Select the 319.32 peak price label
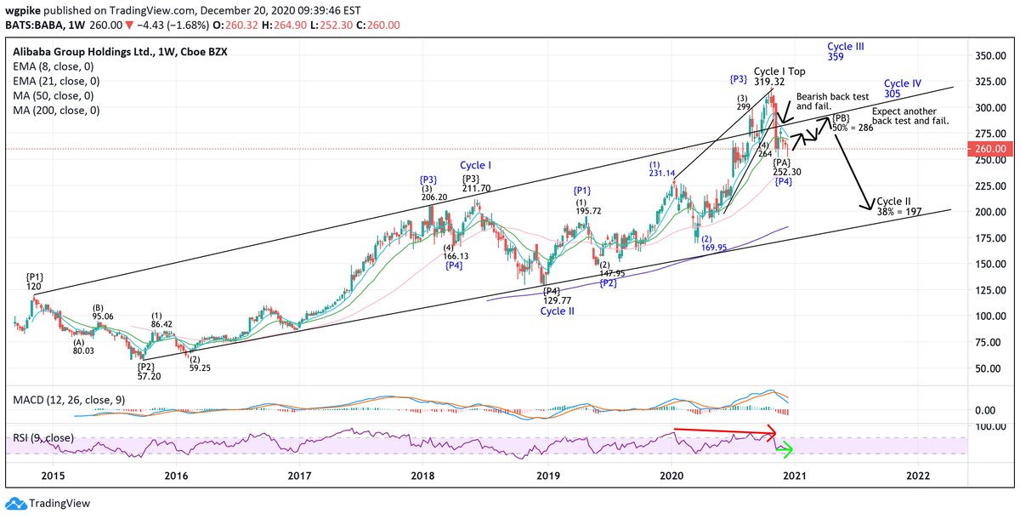coord(768,82)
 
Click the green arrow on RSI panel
coord(785,448)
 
